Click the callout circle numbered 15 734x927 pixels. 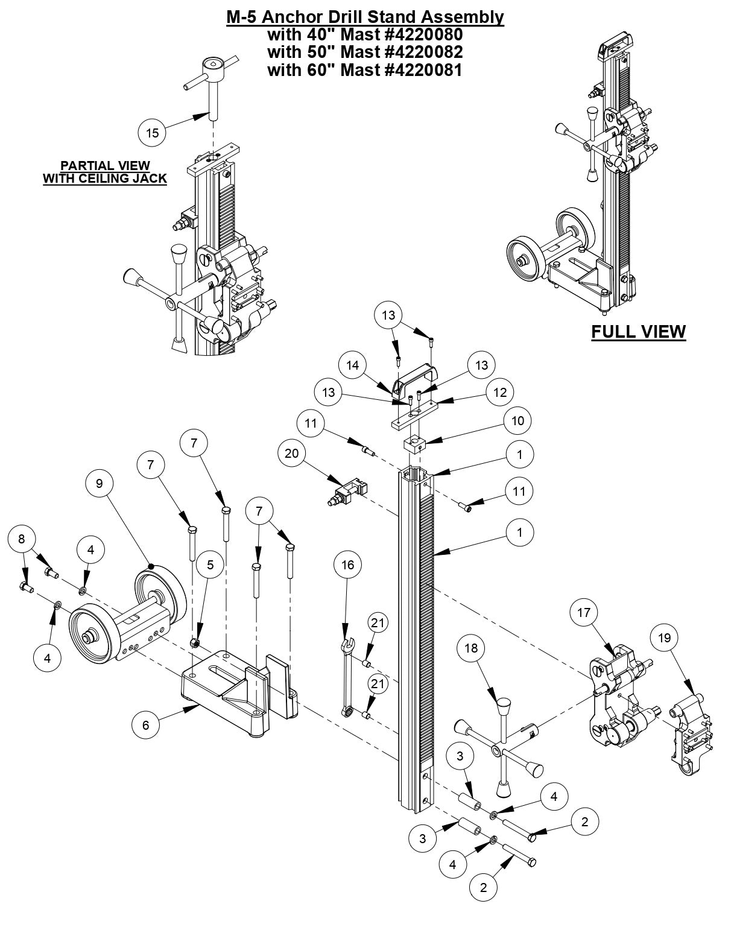[153, 133]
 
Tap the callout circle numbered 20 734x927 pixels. [292, 454]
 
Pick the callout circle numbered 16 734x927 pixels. [348, 565]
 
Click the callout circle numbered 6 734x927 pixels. [145, 725]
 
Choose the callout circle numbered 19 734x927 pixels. [665, 638]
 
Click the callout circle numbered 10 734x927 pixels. [518, 420]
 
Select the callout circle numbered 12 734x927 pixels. [500, 392]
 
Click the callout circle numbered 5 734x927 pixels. [210, 565]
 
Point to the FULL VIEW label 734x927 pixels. [638, 332]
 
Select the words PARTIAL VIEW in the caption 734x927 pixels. [105, 165]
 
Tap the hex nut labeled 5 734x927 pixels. [195, 644]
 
